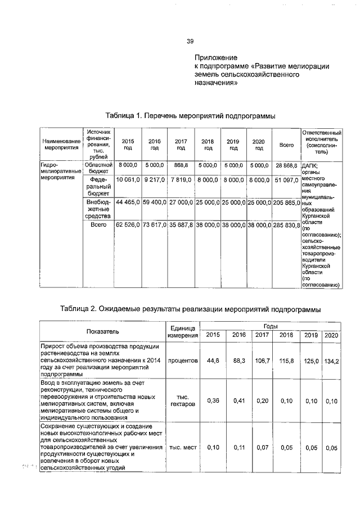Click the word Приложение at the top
(x=216, y=58)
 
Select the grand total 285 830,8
(x=286, y=225)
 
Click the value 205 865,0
(x=286, y=201)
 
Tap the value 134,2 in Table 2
(x=331, y=361)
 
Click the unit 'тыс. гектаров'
(x=182, y=400)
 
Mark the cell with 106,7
(x=262, y=361)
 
